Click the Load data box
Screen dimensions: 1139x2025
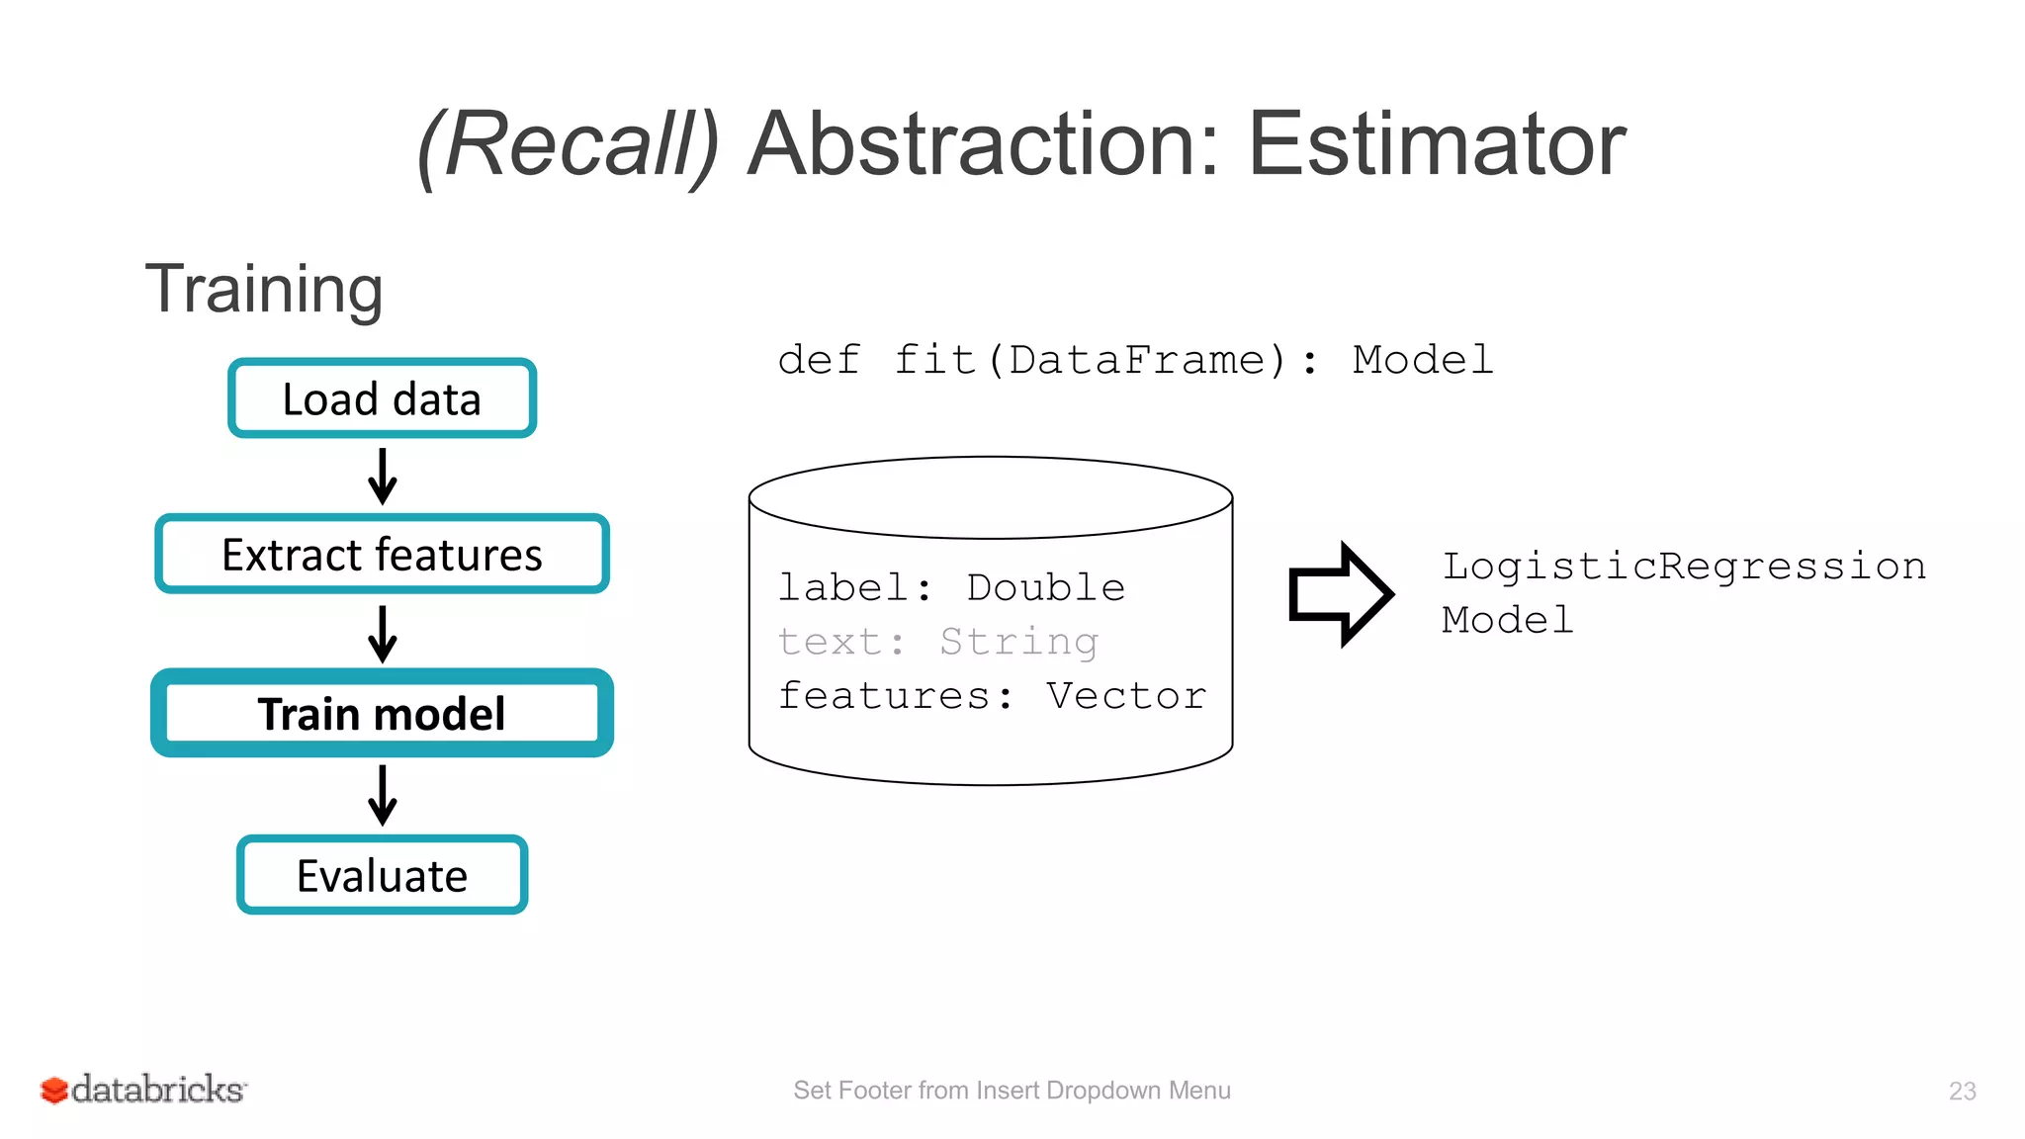coord(382,398)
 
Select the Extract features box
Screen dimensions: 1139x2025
coord(382,554)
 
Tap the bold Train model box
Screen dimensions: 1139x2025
coord(382,713)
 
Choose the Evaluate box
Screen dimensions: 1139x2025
coord(382,875)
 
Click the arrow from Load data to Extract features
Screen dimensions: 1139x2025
coord(382,476)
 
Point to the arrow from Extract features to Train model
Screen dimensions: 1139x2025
coord(382,633)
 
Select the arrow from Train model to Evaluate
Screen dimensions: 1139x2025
coord(382,794)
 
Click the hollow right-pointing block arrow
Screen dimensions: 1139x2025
coord(1340,594)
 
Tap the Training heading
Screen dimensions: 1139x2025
coord(264,289)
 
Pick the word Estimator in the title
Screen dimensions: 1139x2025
coord(1436,144)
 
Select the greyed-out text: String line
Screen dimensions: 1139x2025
coord(937,642)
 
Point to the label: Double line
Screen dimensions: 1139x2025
coord(951,588)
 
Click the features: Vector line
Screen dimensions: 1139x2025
coord(992,696)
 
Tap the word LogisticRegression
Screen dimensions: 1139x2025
coord(1683,567)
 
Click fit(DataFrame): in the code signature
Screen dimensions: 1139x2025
coord(1105,360)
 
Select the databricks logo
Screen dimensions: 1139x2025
coord(143,1090)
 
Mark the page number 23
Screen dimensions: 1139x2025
coord(1962,1091)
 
